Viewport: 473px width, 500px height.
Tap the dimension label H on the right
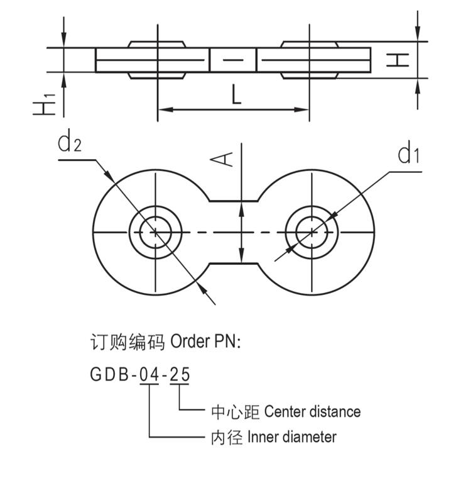[399, 60]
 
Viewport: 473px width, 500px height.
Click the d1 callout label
[408, 153]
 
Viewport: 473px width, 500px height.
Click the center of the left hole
[155, 232]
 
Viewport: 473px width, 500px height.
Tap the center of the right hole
[312, 232]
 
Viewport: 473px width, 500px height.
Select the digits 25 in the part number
[180, 375]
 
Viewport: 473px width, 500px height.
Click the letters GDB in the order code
[109, 375]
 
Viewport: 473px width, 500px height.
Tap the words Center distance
[312, 412]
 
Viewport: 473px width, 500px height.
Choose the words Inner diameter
[291, 436]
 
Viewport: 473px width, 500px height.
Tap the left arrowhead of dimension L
[161, 110]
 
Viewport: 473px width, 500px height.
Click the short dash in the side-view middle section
[232, 60]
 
